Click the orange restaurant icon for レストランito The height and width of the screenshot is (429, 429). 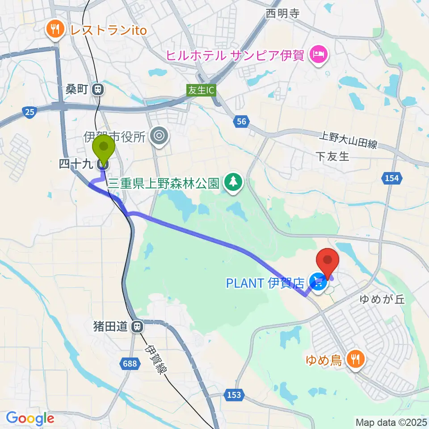tap(55, 30)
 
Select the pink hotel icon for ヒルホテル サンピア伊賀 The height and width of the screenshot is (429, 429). tap(318, 55)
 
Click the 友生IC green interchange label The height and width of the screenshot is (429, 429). tap(201, 90)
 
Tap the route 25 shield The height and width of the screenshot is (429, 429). tap(29, 114)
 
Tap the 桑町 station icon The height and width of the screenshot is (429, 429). tap(97, 89)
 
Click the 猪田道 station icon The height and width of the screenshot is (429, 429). tap(137, 328)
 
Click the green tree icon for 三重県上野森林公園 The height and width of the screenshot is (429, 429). tap(233, 181)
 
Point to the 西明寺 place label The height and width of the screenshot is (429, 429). tap(282, 13)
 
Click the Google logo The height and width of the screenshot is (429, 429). tap(30, 418)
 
